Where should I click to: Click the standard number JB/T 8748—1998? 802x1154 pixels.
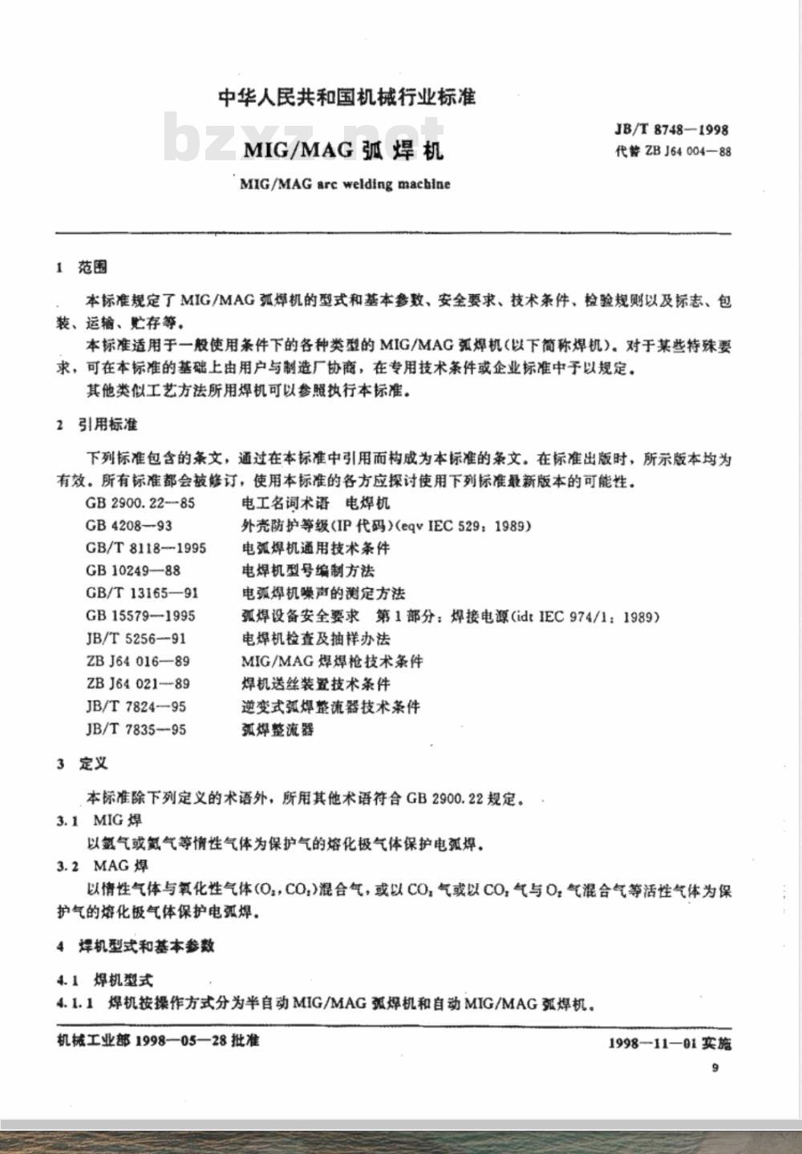click(671, 129)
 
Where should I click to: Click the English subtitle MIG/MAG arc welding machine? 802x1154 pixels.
click(345, 184)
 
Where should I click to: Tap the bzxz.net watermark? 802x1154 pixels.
click(305, 138)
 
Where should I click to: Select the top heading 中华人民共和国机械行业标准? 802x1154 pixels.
click(346, 98)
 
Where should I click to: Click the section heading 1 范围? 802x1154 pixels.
click(82, 267)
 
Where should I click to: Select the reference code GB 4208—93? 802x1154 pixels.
click(129, 526)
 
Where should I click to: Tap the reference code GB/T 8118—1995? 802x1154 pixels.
click(146, 548)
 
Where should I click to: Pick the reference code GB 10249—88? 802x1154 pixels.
click(133, 571)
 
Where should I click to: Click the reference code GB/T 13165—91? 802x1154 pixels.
click(142, 593)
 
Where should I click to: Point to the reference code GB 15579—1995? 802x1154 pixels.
click(140, 616)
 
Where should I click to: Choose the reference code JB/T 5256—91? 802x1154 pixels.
click(136, 639)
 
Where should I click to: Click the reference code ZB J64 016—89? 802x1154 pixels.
click(137, 661)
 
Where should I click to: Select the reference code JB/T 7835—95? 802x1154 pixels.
click(136, 729)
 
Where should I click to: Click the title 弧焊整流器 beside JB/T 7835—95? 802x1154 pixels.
click(277, 729)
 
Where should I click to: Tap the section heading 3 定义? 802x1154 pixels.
click(82, 764)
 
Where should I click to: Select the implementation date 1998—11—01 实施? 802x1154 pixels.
click(670, 1043)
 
